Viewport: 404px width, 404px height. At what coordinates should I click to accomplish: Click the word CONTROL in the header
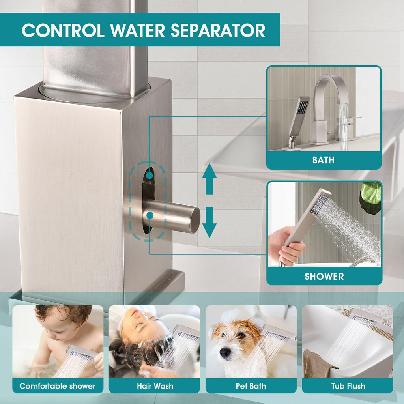click(63, 30)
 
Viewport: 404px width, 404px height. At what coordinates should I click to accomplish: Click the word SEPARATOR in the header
click(218, 30)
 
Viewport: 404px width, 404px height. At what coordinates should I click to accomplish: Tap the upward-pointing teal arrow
click(209, 179)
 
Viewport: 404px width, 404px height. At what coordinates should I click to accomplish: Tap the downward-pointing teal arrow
click(209, 222)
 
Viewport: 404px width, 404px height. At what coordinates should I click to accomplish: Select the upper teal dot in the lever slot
click(149, 176)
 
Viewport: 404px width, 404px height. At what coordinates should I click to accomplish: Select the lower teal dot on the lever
click(150, 215)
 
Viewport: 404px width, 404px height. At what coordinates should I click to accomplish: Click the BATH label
click(324, 160)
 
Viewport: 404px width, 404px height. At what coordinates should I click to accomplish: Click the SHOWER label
click(324, 277)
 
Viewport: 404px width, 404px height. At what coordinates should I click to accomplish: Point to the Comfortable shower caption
click(58, 386)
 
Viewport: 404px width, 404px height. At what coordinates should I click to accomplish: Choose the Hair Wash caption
click(155, 386)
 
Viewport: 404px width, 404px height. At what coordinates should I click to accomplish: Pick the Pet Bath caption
click(251, 386)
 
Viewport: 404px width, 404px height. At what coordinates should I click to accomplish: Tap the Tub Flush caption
click(348, 386)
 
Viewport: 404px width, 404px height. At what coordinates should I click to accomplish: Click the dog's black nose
click(225, 352)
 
